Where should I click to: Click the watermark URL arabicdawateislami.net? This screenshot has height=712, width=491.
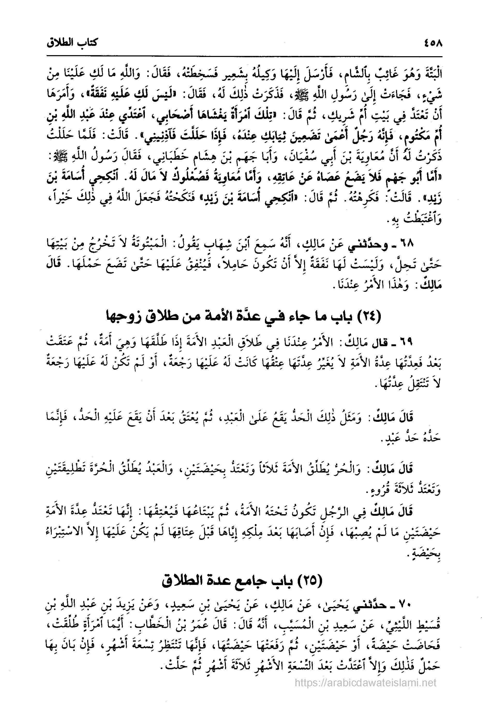tap(366, 683)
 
